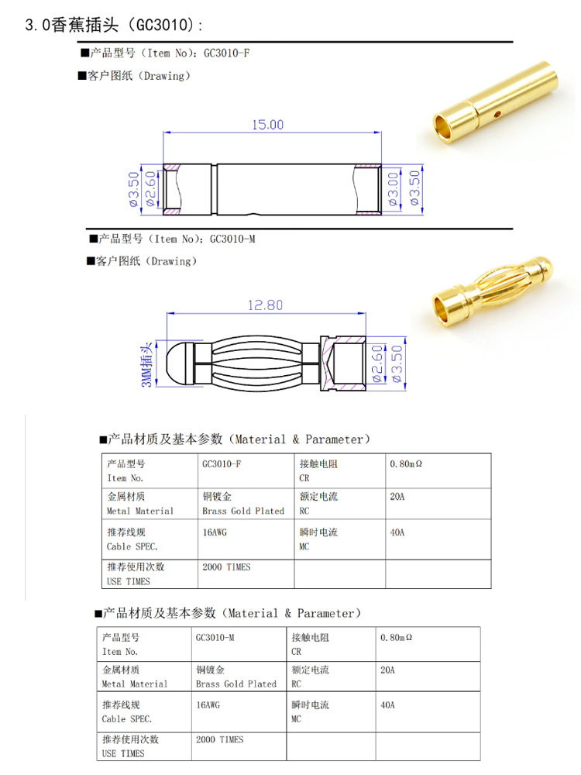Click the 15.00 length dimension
266,125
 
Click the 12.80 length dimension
265,305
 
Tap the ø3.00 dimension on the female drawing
393,188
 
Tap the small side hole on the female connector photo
497,114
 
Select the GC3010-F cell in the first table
221,464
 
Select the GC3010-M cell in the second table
215,637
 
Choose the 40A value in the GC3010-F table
397,532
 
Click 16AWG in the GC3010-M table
208,705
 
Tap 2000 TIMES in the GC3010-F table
226,567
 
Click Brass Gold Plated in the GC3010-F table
243,511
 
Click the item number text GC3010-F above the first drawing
226,53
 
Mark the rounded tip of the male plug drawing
177,362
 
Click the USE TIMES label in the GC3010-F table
129,581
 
